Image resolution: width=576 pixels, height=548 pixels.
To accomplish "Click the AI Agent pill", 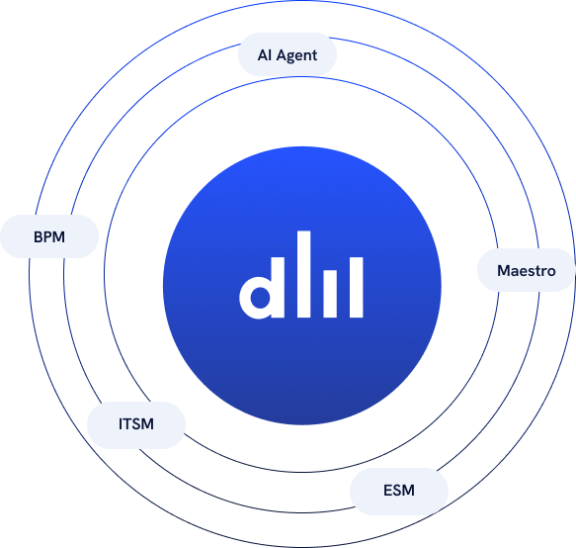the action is (288, 54).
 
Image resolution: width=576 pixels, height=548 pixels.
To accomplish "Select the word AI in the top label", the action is (265, 55).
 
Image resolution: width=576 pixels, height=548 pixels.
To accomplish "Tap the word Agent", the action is (296, 56).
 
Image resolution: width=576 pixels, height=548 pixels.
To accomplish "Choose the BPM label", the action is (49, 236).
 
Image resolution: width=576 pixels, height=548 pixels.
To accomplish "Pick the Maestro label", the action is (526, 271).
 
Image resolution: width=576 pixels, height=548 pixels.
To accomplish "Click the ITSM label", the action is (136, 424).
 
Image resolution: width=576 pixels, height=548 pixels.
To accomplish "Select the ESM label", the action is (399, 491).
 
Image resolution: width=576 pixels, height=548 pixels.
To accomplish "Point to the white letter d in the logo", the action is (262, 288).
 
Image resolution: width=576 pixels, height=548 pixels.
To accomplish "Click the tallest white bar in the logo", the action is (303, 274).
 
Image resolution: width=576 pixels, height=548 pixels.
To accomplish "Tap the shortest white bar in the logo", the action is (330, 294).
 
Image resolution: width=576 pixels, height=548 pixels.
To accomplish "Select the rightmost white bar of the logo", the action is (356, 287).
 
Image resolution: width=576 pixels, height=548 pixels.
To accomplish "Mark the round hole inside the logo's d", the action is (261, 297).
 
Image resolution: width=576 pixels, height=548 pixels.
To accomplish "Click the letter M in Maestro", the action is (504, 271).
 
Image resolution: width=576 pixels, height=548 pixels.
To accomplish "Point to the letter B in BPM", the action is (39, 236).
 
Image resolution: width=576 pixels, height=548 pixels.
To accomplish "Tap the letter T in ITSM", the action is (126, 424).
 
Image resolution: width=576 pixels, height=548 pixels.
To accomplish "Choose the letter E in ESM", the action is (387, 491).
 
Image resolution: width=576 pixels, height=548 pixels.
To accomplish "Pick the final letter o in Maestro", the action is (551, 272).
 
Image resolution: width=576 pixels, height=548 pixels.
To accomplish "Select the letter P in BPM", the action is (48, 236).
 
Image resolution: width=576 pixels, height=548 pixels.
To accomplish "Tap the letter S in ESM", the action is (397, 491).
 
